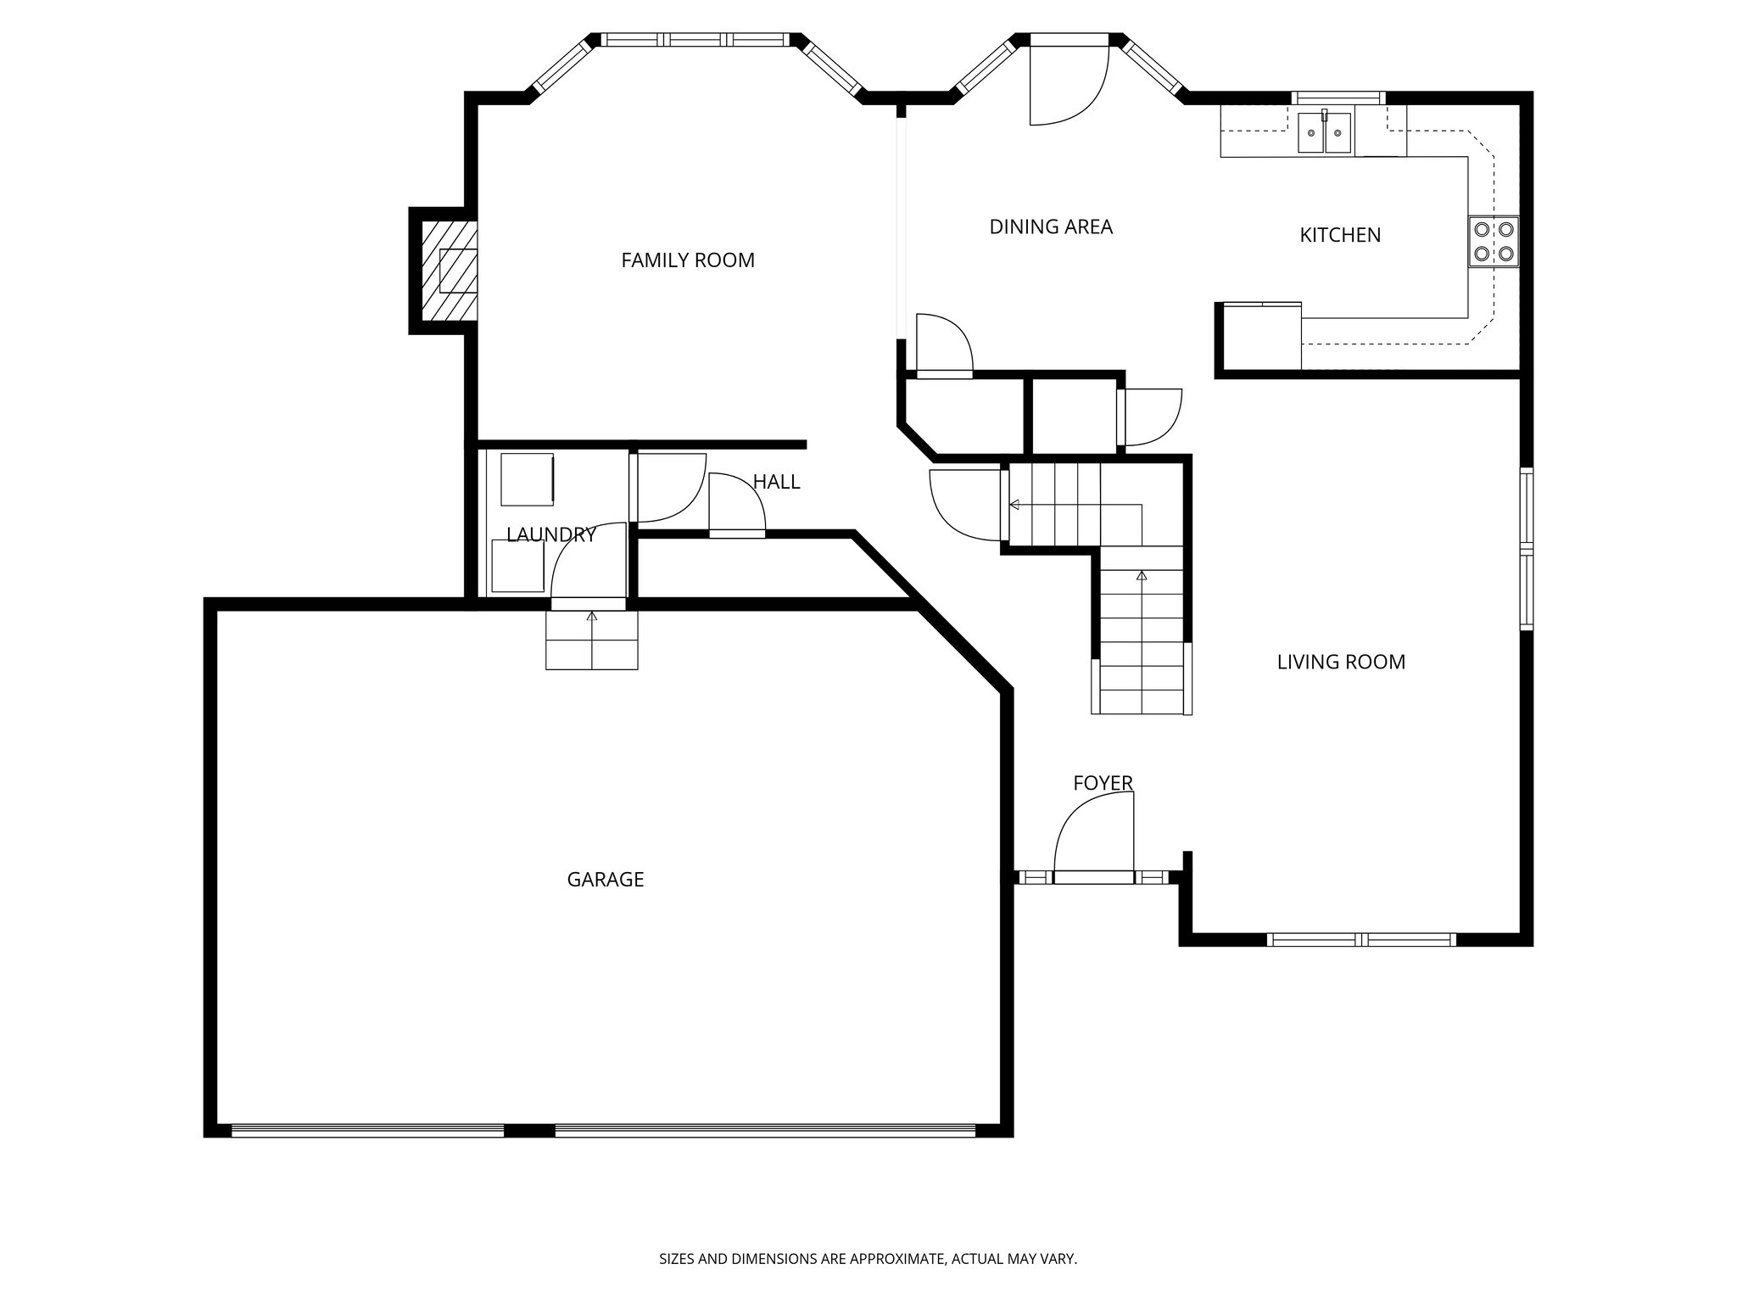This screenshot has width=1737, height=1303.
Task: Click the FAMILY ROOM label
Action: point(687,260)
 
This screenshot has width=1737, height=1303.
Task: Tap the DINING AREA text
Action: point(1050,226)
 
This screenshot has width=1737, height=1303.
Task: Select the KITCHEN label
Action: point(1339,235)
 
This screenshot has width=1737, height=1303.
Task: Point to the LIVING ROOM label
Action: point(1340,662)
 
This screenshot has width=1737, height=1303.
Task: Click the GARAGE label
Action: point(605,880)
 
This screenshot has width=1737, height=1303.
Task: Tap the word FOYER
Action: point(1102,783)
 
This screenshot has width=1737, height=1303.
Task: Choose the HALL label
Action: point(776,482)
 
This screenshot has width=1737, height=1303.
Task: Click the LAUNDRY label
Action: point(551,534)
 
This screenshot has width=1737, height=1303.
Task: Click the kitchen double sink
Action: point(1324,134)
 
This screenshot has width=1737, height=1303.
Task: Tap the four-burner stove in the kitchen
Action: point(1493,241)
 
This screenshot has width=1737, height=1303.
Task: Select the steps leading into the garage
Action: point(591,640)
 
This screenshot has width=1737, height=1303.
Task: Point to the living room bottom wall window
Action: point(1360,939)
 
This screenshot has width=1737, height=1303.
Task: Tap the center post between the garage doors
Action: point(529,1130)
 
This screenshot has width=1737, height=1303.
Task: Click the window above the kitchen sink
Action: point(1338,97)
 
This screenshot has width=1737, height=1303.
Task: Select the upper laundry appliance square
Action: point(527,479)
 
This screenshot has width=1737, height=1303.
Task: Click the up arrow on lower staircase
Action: point(1141,577)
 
